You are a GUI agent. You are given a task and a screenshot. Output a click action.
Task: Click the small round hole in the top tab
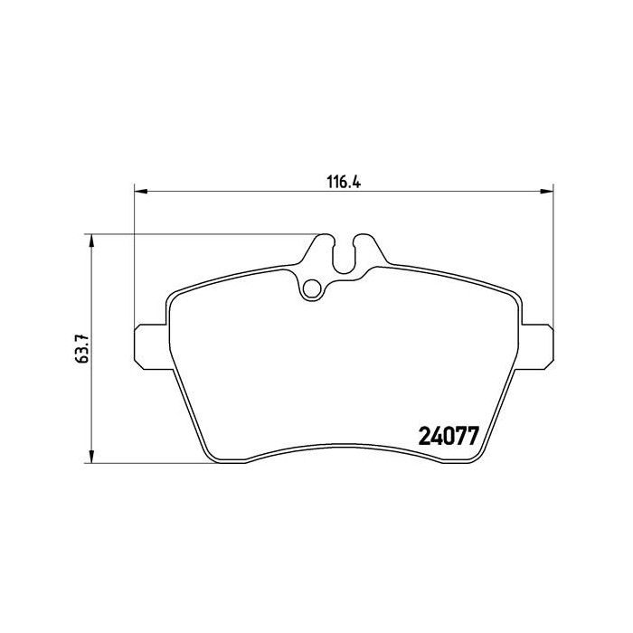(312, 288)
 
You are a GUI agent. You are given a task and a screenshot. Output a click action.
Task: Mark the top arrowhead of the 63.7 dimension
(90, 241)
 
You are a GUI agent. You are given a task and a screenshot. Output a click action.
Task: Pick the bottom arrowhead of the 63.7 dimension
(90, 457)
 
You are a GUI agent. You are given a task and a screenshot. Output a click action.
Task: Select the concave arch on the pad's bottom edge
(344, 447)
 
